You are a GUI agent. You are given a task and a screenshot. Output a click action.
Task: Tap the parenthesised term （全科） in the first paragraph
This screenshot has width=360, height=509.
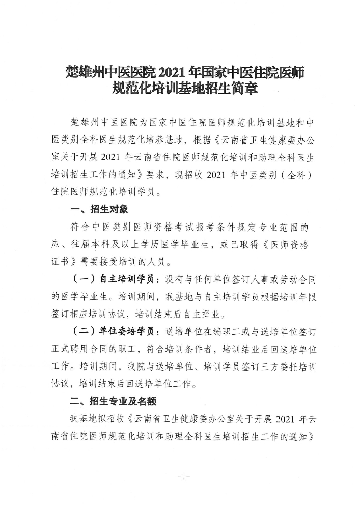296,176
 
